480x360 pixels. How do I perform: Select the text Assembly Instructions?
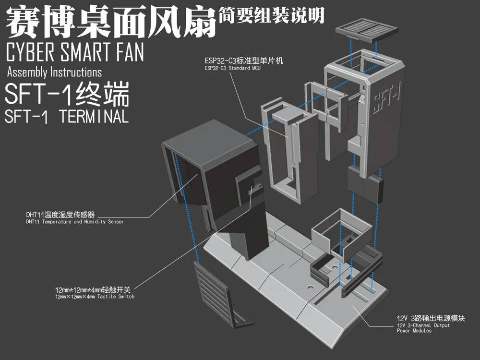coord(55,72)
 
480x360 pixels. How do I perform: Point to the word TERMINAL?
coord(94,116)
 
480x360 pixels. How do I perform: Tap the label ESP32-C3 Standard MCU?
coord(232,68)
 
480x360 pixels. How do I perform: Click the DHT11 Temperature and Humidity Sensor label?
coord(75,222)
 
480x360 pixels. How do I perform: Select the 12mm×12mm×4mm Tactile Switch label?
coord(95,296)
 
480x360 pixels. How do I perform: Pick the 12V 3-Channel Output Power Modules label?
coord(423,328)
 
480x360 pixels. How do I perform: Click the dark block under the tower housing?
coord(365,185)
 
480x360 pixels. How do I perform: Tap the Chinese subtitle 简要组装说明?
coord(271,15)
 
